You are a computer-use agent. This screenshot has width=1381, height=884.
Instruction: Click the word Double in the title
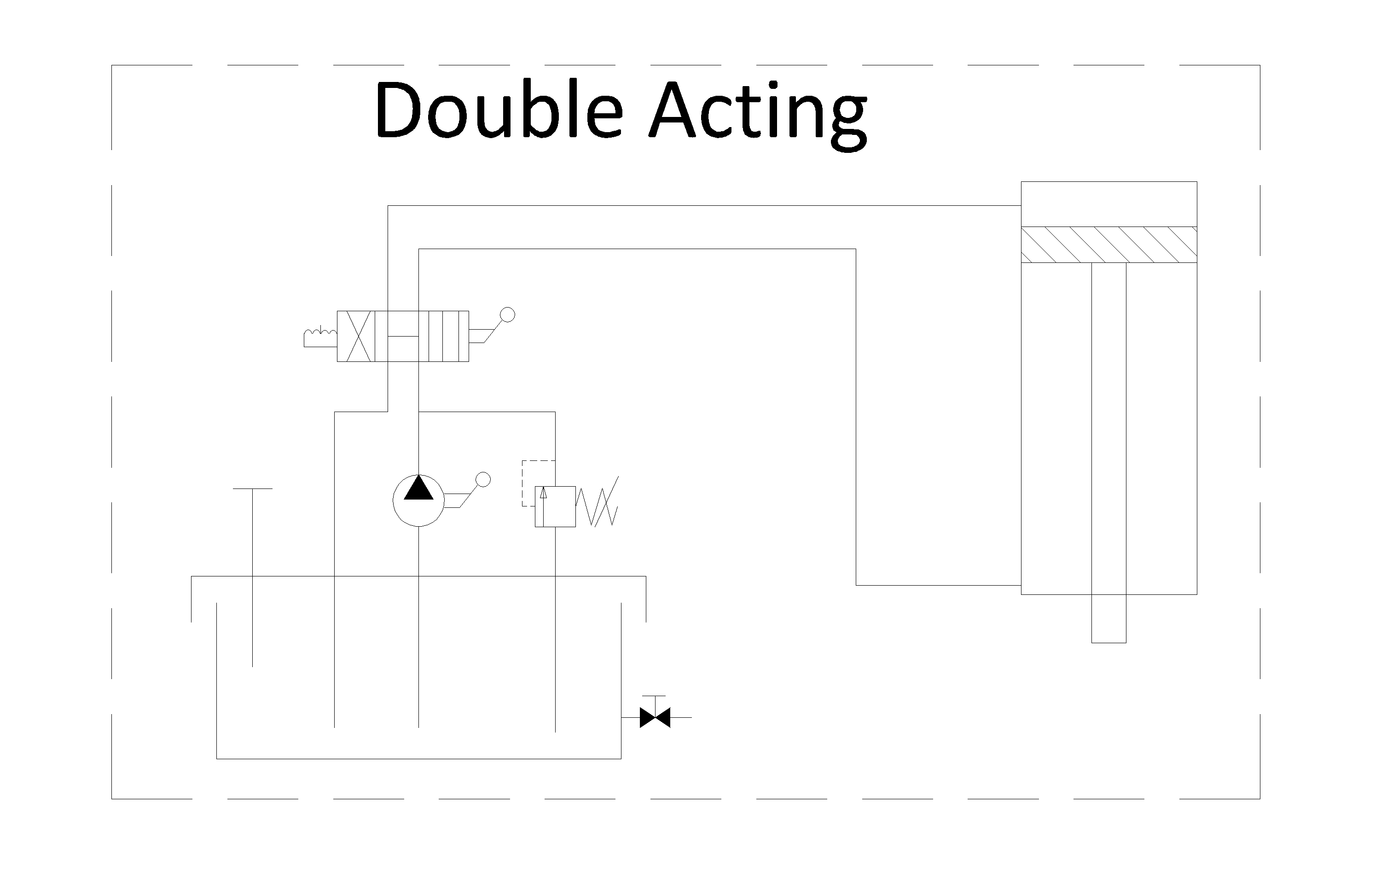[x=499, y=109]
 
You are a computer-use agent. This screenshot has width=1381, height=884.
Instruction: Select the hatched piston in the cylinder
[x=1109, y=245]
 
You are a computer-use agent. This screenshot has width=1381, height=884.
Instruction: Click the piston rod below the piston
[x=1109, y=453]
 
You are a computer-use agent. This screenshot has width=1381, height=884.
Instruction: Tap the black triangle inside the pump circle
[x=418, y=488]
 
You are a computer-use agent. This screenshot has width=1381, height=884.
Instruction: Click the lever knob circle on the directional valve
[x=508, y=314]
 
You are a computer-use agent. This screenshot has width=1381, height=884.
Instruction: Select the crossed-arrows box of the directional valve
[x=356, y=337]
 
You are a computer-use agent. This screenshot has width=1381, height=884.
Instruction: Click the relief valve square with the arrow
[x=555, y=506]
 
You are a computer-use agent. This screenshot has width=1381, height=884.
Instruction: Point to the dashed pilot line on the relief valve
[x=531, y=483]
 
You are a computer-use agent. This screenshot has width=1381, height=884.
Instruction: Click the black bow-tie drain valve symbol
[x=655, y=717]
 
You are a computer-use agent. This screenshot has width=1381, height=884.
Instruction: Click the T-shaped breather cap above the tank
[x=252, y=577]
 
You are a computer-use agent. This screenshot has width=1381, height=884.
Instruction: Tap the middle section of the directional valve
[x=401, y=337]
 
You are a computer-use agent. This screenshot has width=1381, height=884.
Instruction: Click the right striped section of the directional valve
[x=449, y=337]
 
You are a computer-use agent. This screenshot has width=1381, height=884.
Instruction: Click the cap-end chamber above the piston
[x=1109, y=204]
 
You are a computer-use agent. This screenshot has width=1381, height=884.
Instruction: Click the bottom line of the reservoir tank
[x=419, y=759]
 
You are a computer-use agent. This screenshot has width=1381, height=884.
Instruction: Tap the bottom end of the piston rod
[x=1109, y=643]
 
